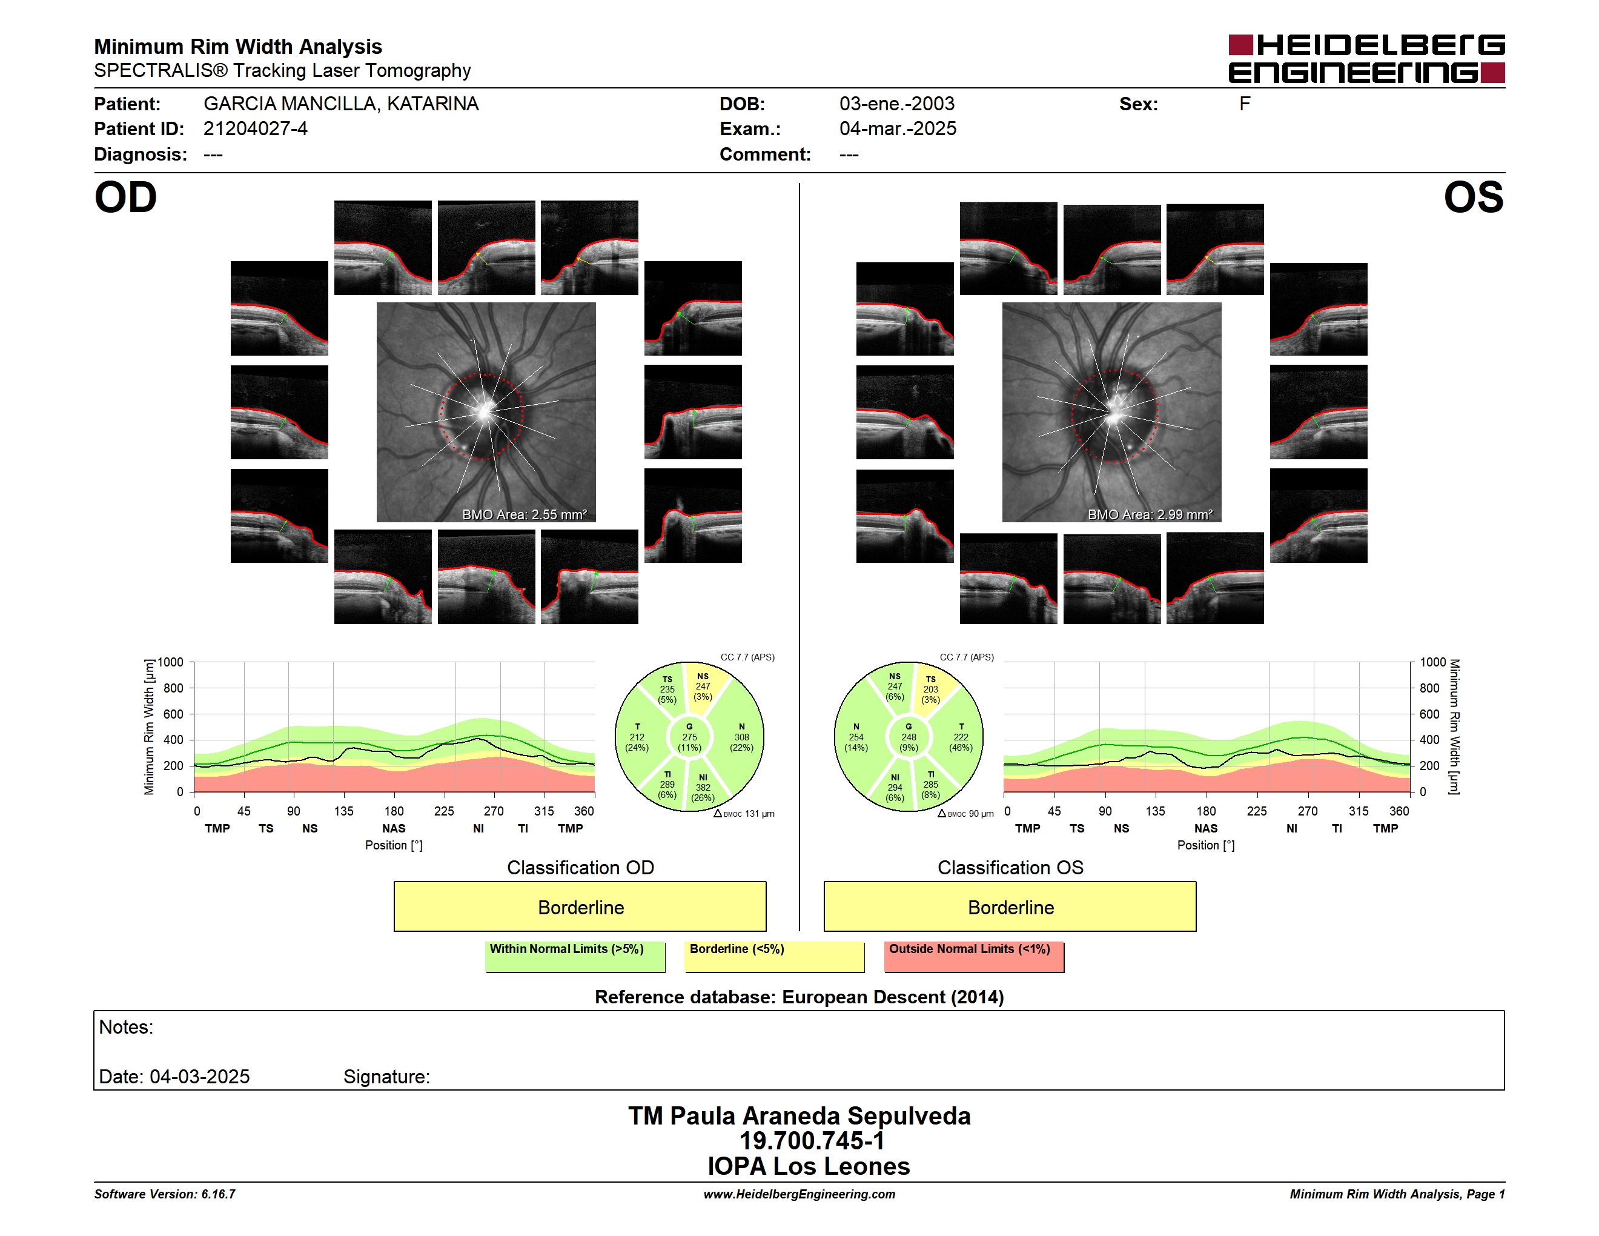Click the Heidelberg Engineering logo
tap(1366, 59)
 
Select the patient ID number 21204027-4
tap(255, 129)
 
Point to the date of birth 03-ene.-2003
tap(897, 104)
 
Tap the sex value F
tap(1245, 104)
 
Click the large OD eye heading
tap(125, 198)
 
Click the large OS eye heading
tap(1474, 198)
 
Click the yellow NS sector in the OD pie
tap(704, 687)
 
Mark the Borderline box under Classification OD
tap(580, 906)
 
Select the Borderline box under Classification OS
tap(1010, 906)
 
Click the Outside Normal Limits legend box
tap(974, 956)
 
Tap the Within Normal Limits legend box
tap(575, 956)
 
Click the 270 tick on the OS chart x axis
tap(1308, 811)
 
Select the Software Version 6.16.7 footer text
tap(165, 1194)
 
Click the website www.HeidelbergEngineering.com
tap(799, 1194)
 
